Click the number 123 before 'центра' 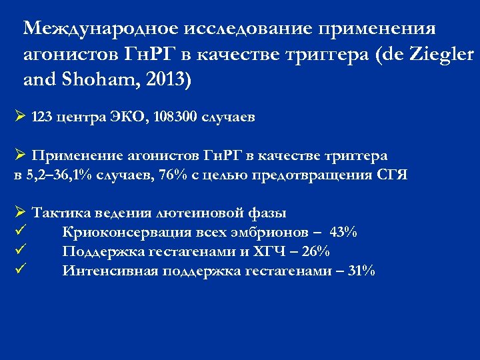click(43, 117)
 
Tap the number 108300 click(176, 117)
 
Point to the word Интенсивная click(101, 271)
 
